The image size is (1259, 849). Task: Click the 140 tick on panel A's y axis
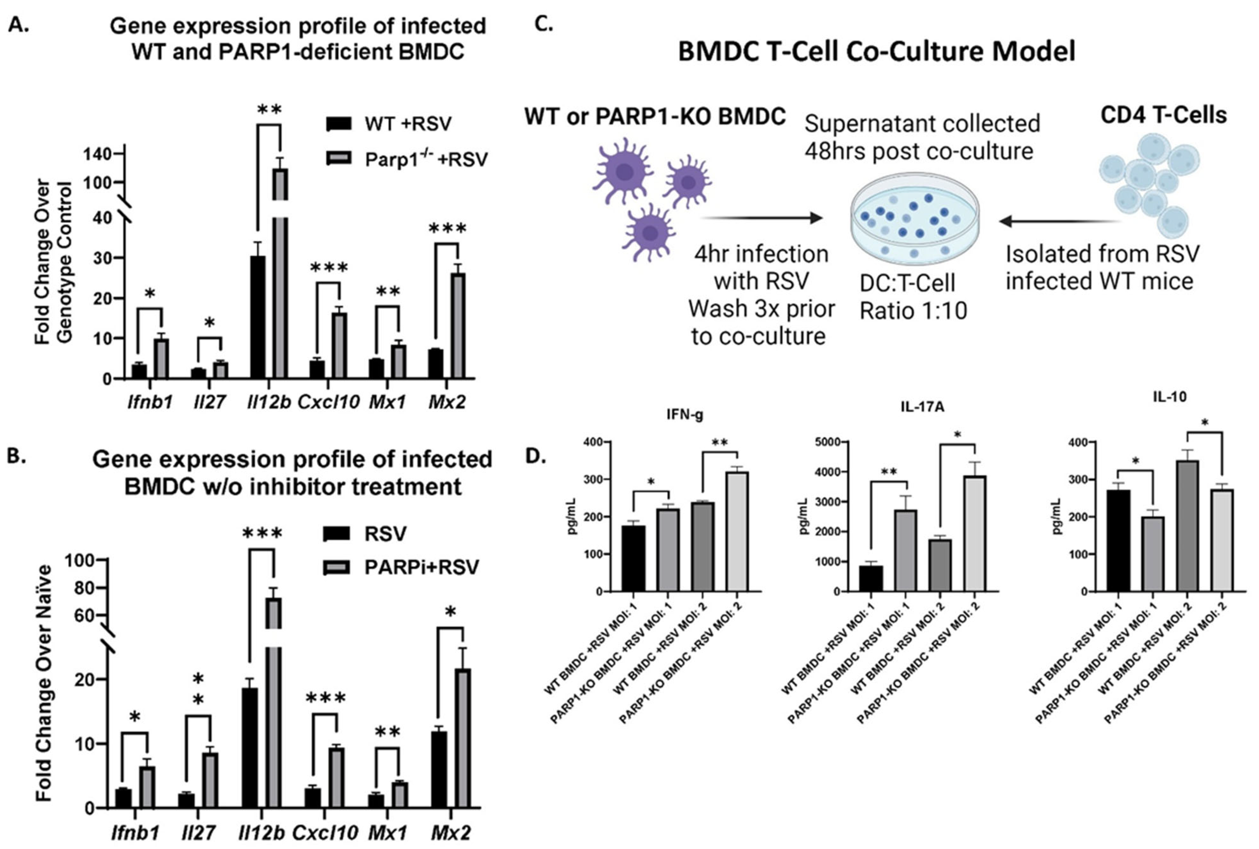98,154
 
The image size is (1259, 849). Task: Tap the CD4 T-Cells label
1164,115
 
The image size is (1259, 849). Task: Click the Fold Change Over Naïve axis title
43,682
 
